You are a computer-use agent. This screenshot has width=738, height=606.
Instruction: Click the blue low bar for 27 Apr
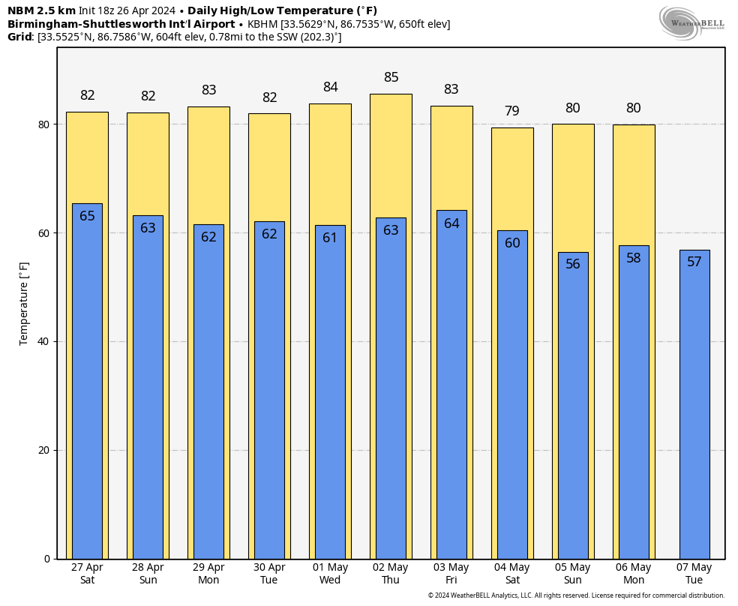coord(87,382)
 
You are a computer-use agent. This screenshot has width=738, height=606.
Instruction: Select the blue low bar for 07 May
coord(694,405)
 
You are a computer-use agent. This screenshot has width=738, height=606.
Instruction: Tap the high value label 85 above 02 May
coord(391,77)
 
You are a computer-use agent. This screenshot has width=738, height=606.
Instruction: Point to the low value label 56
coord(573,264)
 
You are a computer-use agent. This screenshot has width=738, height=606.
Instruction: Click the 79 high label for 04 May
coord(512,111)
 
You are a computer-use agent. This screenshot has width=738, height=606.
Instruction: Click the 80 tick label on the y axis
coord(44,124)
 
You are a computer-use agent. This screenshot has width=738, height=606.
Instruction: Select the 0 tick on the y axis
coord(46,559)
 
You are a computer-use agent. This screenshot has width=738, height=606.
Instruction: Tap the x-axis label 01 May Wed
coord(330,574)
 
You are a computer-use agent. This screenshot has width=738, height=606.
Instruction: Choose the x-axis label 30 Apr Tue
coord(269,574)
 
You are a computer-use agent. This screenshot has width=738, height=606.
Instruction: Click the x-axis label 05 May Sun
coord(573,574)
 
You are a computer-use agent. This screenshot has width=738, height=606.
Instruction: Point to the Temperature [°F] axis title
coord(24,303)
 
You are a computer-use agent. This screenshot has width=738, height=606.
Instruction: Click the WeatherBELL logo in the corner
coord(691,22)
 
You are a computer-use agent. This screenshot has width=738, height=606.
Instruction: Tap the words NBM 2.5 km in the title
coord(41,10)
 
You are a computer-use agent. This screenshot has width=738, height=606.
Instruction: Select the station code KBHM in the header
coord(262,24)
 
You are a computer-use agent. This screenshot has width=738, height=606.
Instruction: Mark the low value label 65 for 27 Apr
coord(87,216)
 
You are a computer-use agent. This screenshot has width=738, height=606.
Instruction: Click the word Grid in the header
coord(20,37)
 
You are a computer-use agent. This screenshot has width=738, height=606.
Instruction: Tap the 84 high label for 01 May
coord(330,88)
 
